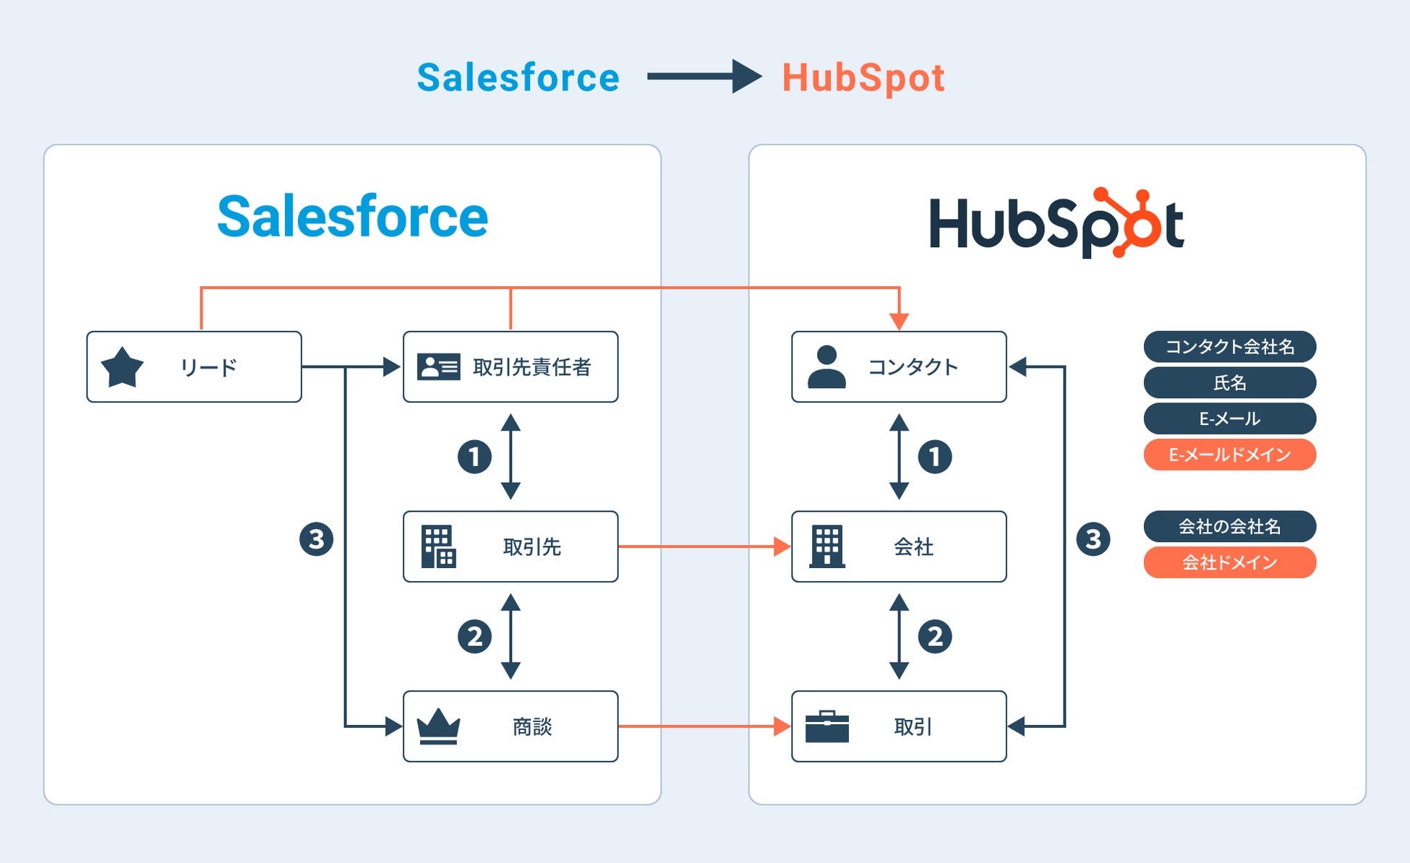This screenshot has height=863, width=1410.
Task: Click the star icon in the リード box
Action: click(x=122, y=367)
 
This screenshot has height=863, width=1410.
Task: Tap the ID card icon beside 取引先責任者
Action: click(x=438, y=367)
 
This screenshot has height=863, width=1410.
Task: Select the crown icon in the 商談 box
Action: click(x=438, y=726)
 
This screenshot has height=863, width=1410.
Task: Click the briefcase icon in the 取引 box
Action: click(x=826, y=726)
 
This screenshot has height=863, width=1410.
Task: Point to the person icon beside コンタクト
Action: click(x=826, y=367)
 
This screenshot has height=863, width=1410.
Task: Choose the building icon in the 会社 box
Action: click(x=826, y=546)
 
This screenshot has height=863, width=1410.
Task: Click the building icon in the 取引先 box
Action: click(x=438, y=546)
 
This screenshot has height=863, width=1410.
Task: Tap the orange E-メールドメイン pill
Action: click(x=1229, y=455)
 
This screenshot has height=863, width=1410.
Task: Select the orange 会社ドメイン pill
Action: click(x=1229, y=562)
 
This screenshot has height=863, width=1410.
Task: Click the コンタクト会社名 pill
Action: click(x=1229, y=347)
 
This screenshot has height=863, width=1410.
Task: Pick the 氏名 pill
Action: click(x=1229, y=382)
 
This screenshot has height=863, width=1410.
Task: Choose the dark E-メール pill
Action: click(x=1229, y=418)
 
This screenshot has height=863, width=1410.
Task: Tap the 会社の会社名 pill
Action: click(x=1229, y=526)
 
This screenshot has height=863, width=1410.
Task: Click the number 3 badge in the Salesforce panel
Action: click(x=316, y=539)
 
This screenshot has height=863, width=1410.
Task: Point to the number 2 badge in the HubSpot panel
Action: click(x=935, y=637)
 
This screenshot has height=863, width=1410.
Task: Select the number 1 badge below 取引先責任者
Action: click(x=474, y=457)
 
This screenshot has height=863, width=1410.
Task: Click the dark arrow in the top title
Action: click(x=704, y=77)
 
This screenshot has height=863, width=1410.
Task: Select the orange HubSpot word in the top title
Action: click(x=863, y=78)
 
